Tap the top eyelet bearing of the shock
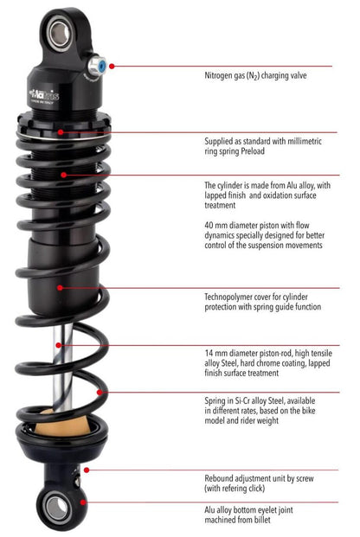pos(61,34)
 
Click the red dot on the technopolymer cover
pos(60,287)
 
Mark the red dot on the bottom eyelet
pos(83,502)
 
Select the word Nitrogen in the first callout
pos(222,75)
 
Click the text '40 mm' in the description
pos(215,222)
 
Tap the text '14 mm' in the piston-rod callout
pos(215,354)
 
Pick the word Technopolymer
pos(231,295)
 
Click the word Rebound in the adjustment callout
pos(220,476)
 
